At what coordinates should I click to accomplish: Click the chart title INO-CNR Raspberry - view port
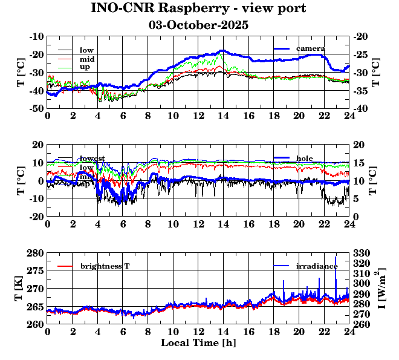coord(198,8)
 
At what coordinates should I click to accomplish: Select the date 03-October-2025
coord(198,25)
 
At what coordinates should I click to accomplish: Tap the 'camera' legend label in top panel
coord(311,48)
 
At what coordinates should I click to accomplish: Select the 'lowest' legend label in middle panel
coord(92,159)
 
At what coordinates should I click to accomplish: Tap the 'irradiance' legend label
coord(317,266)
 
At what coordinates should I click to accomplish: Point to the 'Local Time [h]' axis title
coord(198,342)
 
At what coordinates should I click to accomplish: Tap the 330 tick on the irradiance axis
coord(362,252)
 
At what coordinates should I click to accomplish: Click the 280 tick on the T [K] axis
coord(36,252)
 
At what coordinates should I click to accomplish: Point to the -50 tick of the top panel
coord(36,108)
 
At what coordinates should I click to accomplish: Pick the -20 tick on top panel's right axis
coord(362,36)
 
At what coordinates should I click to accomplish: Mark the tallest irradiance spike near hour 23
coord(336,257)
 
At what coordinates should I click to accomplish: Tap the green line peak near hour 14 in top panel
coord(222,54)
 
